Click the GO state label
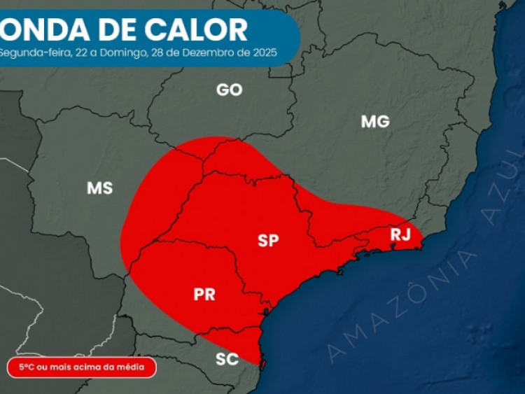[x=230, y=90]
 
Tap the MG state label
[x=375, y=121]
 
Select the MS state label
[x=99, y=188]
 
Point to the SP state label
[x=268, y=241]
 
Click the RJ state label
[x=400, y=234]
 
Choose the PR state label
[x=204, y=294]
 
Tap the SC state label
[x=227, y=360]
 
